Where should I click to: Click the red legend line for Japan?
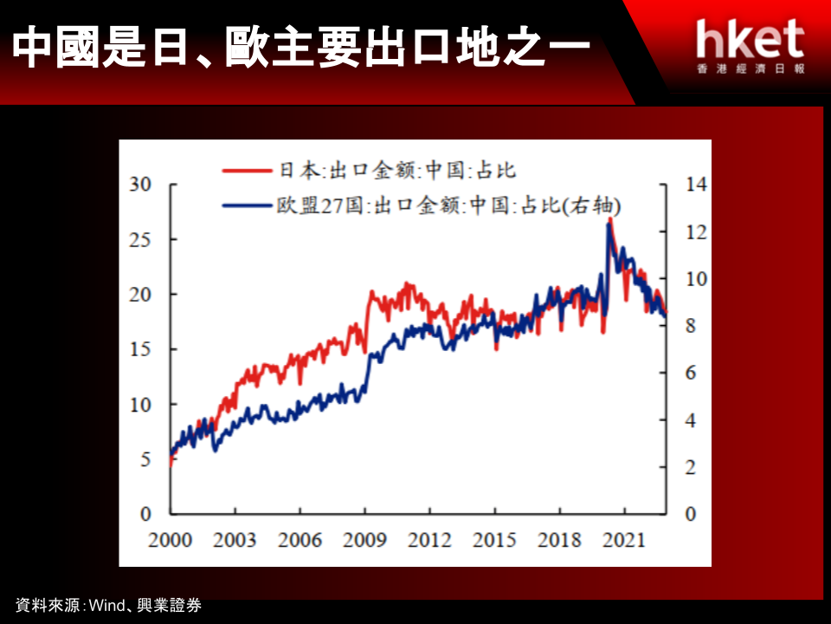point(247,171)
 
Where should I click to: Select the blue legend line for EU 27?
point(247,205)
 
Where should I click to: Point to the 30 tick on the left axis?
point(140,184)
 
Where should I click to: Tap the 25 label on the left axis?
point(140,240)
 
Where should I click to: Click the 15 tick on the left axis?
point(140,349)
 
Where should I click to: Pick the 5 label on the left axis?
point(145,459)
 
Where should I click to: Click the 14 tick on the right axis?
point(696,184)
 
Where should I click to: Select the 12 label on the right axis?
point(696,232)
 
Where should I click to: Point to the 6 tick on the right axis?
point(691,373)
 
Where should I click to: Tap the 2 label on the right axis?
point(691,467)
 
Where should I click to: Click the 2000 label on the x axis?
point(170,540)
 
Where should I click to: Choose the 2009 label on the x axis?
point(364,540)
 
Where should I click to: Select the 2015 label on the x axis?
point(494,540)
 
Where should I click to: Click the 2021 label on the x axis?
point(624,540)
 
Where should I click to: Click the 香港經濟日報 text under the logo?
point(751,68)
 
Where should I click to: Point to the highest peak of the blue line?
point(609,225)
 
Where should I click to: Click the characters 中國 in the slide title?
point(56,47)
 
